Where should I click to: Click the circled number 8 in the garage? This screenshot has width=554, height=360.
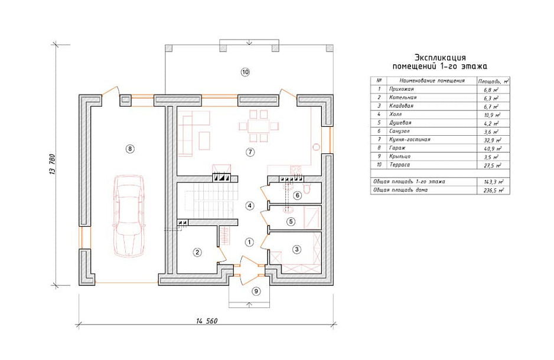[x=130, y=149]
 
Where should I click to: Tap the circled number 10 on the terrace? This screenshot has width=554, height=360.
[x=245, y=72]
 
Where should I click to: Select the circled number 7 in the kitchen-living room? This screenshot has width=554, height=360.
[x=250, y=152]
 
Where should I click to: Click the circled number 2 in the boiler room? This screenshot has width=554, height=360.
[x=197, y=252]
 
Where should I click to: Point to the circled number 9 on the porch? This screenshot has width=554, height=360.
[x=256, y=291]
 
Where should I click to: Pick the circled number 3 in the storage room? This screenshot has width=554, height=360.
[x=296, y=250]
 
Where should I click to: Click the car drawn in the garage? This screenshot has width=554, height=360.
[x=129, y=216]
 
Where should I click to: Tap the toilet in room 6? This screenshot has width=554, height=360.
[x=307, y=189]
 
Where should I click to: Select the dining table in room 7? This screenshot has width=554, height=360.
[x=259, y=126]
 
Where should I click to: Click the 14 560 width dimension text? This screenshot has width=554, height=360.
[x=207, y=321]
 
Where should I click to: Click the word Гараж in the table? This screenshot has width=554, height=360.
[x=397, y=148]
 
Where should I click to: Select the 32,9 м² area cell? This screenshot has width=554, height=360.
[x=492, y=140]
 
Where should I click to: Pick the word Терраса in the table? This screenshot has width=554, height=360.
[x=400, y=165]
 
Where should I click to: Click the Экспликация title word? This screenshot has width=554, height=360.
[x=440, y=57]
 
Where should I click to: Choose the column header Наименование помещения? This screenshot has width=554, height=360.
[x=432, y=81]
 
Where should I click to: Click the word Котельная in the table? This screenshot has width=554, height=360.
[x=403, y=97]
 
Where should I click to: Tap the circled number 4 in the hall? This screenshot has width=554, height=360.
[x=250, y=205]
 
